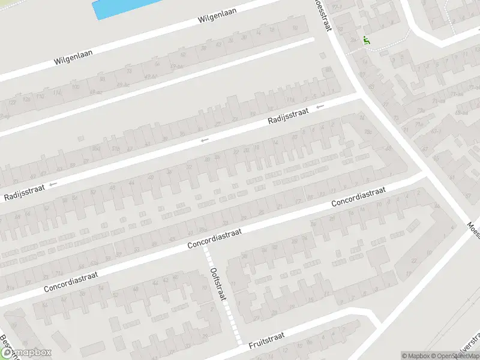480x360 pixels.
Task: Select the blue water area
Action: pyautogui.click(x=120, y=8)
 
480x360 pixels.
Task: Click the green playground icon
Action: pyautogui.click(x=366, y=41)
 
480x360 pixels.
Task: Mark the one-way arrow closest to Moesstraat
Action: pyautogui.click(x=320, y=106)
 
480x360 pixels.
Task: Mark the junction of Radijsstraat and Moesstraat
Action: pyautogui.click(x=361, y=94)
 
